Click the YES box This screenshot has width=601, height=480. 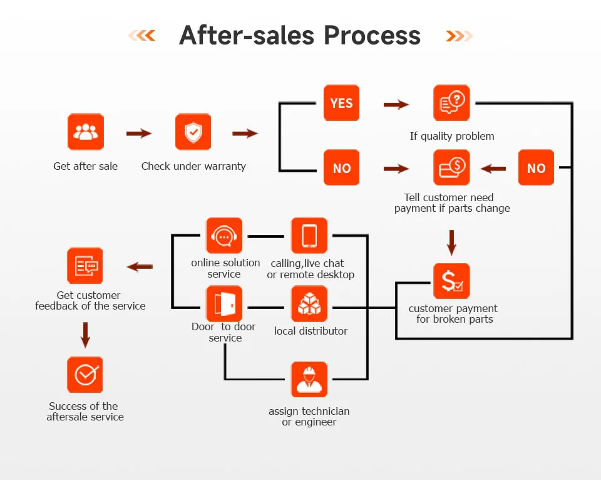point(341,103)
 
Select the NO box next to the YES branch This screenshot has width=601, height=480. point(341,167)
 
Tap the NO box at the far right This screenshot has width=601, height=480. point(536,167)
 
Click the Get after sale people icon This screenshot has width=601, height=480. point(86,132)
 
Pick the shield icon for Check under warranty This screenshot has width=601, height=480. point(193,132)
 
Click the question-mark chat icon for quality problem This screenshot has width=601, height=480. point(451,103)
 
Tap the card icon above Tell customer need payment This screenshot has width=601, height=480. point(451,167)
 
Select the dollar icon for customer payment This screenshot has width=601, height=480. point(451,281)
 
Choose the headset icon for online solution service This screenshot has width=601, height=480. point(224,236)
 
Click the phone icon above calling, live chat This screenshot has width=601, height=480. point(309,236)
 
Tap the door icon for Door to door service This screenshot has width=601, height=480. point(224,304)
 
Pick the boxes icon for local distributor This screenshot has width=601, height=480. point(309,304)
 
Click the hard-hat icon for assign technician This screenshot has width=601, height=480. point(309,379)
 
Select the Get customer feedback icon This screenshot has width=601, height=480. point(85,266)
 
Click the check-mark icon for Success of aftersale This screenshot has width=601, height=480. point(85,375)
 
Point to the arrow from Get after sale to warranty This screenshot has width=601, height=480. point(139,133)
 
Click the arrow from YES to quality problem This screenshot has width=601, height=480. point(396,104)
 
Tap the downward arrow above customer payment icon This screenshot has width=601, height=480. point(451,242)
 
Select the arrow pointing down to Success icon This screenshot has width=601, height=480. point(85,335)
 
